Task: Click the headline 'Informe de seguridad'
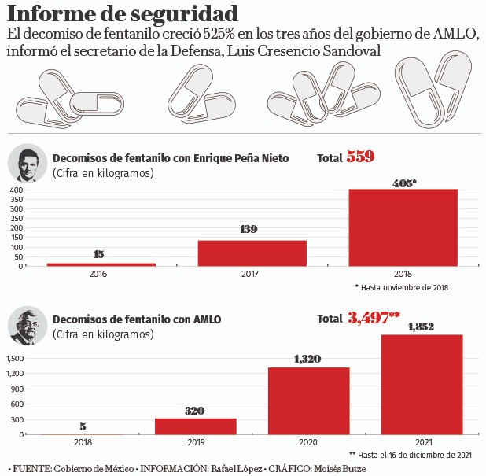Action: point(123,14)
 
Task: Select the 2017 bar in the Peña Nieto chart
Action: point(252,253)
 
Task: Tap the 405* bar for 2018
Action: point(403,227)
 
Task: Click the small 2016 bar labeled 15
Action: point(100,264)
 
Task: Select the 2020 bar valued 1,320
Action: point(308,401)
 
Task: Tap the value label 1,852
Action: point(422,326)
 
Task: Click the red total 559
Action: point(360,157)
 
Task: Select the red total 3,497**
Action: point(374,319)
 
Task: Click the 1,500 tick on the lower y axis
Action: point(16,358)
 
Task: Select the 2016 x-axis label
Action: point(100,275)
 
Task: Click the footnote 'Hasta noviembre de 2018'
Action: point(402,288)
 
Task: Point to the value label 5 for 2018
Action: point(83,427)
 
